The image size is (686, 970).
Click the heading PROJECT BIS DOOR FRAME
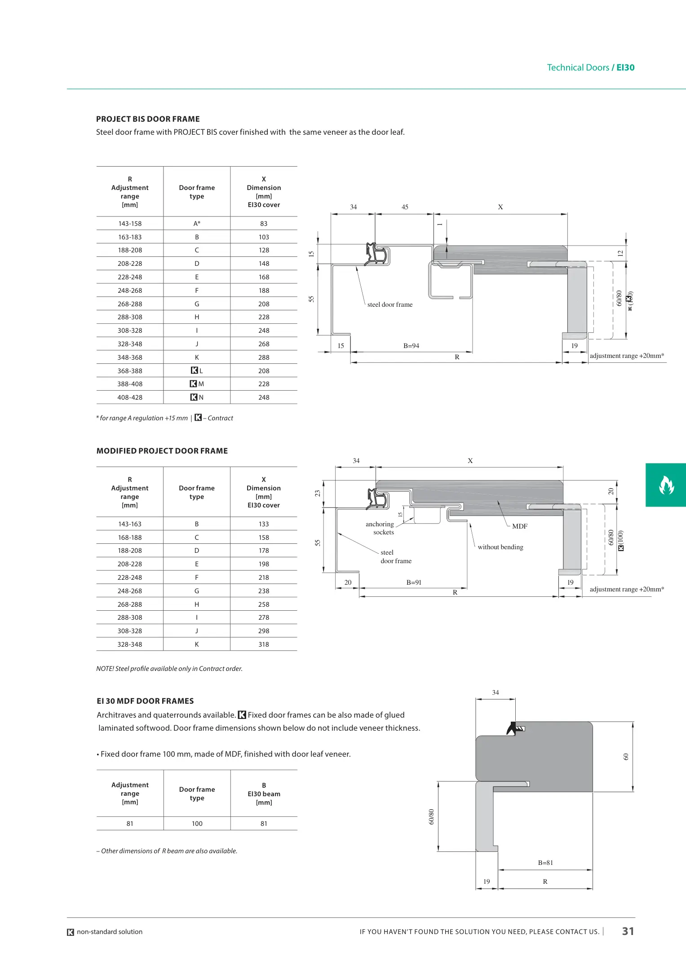click(148, 119)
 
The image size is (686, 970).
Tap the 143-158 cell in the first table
click(130, 224)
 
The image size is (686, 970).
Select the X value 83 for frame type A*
click(264, 224)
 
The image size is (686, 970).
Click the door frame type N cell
click(197, 397)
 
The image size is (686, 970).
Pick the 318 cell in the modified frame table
click(264, 644)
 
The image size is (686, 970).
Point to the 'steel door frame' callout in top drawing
click(389, 304)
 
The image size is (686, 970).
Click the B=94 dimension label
click(411, 346)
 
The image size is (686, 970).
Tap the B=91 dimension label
click(414, 582)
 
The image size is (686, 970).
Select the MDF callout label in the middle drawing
click(520, 526)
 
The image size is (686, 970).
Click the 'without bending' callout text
click(500, 547)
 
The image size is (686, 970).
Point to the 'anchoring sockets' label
click(380, 528)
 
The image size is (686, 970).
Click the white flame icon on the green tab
click(666, 485)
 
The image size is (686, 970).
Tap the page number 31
click(628, 931)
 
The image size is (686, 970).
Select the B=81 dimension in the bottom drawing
click(545, 863)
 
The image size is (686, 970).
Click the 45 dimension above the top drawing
click(405, 207)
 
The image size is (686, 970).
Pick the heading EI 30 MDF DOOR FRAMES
click(145, 701)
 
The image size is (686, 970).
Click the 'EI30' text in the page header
click(625, 67)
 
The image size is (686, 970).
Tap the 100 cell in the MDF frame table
click(197, 824)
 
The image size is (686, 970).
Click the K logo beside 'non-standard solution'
click(71, 932)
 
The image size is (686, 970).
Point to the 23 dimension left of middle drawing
click(318, 493)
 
